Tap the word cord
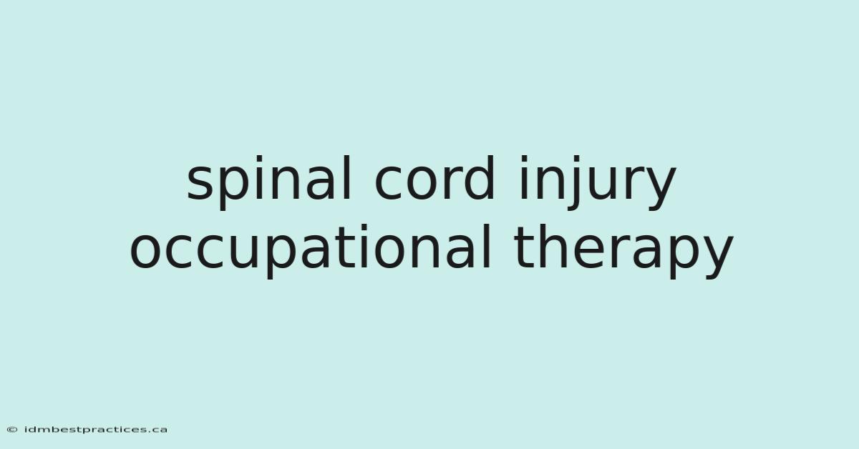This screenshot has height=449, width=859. pos(435,178)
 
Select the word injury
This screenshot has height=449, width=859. pos(596,183)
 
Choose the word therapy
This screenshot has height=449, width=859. pos(623,251)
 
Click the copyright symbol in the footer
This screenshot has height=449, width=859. pos(12,430)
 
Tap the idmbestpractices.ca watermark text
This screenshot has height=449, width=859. pos(96,430)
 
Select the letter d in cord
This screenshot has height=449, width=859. pos(480,178)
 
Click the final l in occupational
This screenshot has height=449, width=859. pos(487,246)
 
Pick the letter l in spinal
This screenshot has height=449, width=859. pos(346,178)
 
